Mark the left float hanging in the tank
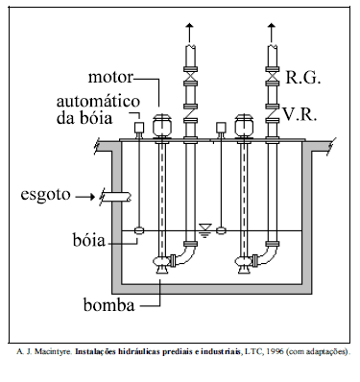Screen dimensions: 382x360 pyautogui.click(x=139, y=230)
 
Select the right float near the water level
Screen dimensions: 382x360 pyautogui.click(x=221, y=230)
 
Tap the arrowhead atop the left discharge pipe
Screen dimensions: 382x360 pyautogui.click(x=189, y=25)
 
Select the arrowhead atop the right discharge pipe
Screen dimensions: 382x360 pyautogui.click(x=273, y=25)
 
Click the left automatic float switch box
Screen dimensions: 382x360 pyautogui.click(x=139, y=127)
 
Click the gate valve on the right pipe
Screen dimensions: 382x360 pyautogui.click(x=273, y=75)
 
